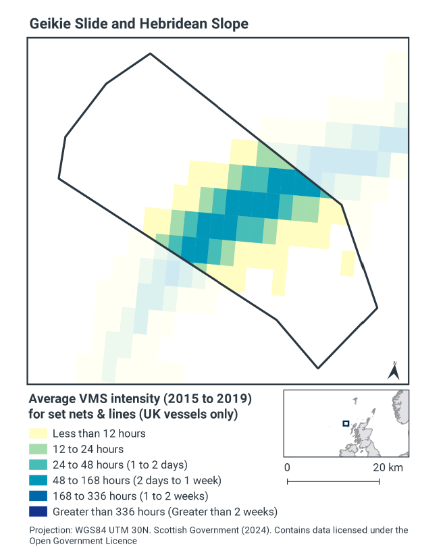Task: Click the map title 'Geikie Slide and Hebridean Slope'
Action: (138, 24)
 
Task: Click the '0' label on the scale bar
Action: (287, 467)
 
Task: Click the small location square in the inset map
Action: (346, 424)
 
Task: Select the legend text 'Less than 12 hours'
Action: (99, 433)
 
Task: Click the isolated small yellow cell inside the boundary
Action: (347, 263)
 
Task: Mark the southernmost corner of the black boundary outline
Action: (318, 369)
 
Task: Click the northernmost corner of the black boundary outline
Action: (149, 54)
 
